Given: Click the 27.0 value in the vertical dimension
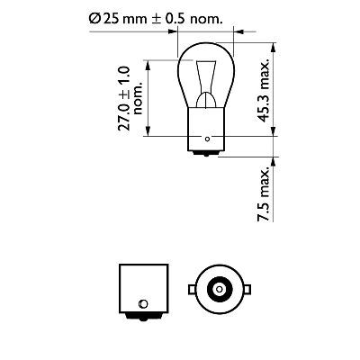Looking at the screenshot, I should click(x=127, y=113).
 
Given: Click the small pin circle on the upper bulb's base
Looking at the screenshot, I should click(x=207, y=139).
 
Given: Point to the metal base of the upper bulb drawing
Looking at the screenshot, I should click(x=206, y=134).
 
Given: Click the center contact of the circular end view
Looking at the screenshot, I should click(x=218, y=290).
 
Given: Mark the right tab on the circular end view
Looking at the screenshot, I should click(x=244, y=290).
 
